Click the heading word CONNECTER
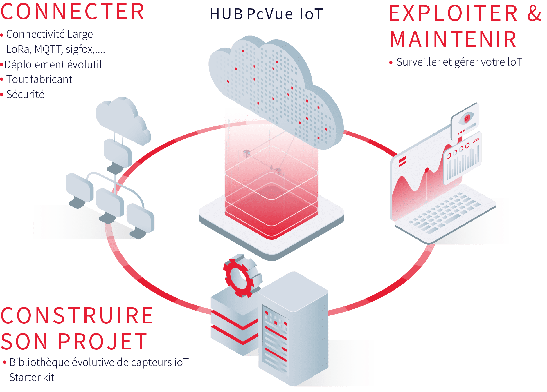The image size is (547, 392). pos(73,12)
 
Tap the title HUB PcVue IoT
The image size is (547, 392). pos(266,14)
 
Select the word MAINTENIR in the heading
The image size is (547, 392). pos(453,40)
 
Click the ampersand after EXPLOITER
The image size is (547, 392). pos(534,13)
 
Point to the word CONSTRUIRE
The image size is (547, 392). pos(77,316)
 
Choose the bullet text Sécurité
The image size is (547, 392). pos(26,95)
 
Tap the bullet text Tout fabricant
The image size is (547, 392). pos(39,79)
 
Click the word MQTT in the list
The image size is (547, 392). pos(47,50)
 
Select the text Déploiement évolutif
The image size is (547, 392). pos(53,64)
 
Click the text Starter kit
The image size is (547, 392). pos(32,378)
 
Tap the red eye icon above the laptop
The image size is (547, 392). pos(467,118)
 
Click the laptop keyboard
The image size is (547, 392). pos(444,213)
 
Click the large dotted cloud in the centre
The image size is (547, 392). pos(276,90)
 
